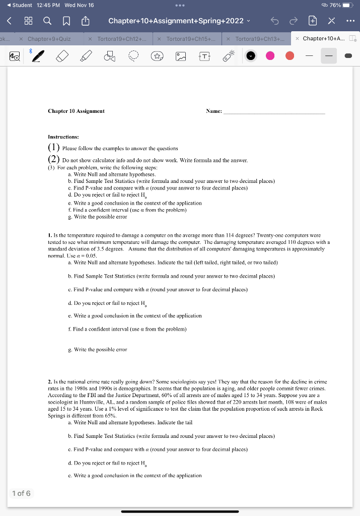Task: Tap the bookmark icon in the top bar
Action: pyautogui.click(x=65, y=21)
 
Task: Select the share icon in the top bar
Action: pyautogui.click(x=85, y=21)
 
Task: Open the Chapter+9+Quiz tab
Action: pyautogui.click(x=49, y=39)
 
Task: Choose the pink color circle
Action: pyautogui.click(x=270, y=56)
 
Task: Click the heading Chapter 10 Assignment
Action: pyautogui.click(x=76, y=111)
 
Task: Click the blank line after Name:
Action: pyautogui.click(x=274, y=112)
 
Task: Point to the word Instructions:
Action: pyautogui.click(x=63, y=137)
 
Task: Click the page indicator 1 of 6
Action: pyautogui.click(x=21, y=493)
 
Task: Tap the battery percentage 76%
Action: pyautogui.click(x=335, y=5)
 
